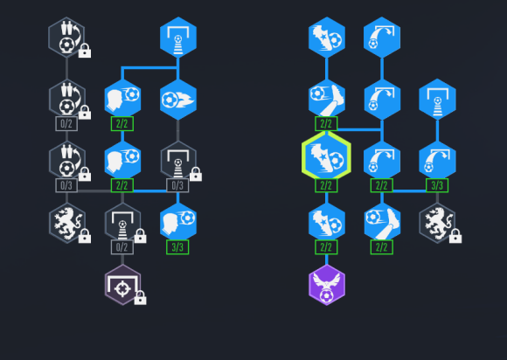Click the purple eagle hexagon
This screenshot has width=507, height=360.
click(x=327, y=285)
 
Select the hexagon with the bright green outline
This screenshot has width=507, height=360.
click(x=326, y=156)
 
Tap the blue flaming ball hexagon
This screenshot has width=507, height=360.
click(x=178, y=100)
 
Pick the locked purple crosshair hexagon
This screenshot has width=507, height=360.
click(x=123, y=285)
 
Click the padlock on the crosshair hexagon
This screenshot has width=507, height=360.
click(x=140, y=297)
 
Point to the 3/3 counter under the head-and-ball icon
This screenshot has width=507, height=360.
click(x=177, y=247)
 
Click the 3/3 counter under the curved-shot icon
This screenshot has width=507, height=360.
click(x=437, y=185)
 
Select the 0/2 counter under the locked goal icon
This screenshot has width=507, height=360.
click(x=122, y=247)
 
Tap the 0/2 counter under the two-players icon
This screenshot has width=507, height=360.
click(x=66, y=124)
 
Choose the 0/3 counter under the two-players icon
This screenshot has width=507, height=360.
click(x=66, y=185)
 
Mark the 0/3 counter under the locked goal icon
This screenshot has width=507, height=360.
click(x=177, y=185)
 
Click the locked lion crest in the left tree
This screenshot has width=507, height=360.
click(x=67, y=223)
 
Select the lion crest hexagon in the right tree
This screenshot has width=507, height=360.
click(x=437, y=223)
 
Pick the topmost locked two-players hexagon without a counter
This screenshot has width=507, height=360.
click(x=66, y=38)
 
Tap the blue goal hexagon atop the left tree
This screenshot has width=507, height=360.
click(x=178, y=38)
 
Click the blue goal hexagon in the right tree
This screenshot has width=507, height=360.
click(x=437, y=100)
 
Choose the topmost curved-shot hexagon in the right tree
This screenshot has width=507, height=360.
click(x=382, y=38)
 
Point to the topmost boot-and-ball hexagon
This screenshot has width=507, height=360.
click(x=327, y=38)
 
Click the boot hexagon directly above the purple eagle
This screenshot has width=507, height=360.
click(x=327, y=223)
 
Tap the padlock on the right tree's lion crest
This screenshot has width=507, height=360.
click(x=455, y=236)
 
